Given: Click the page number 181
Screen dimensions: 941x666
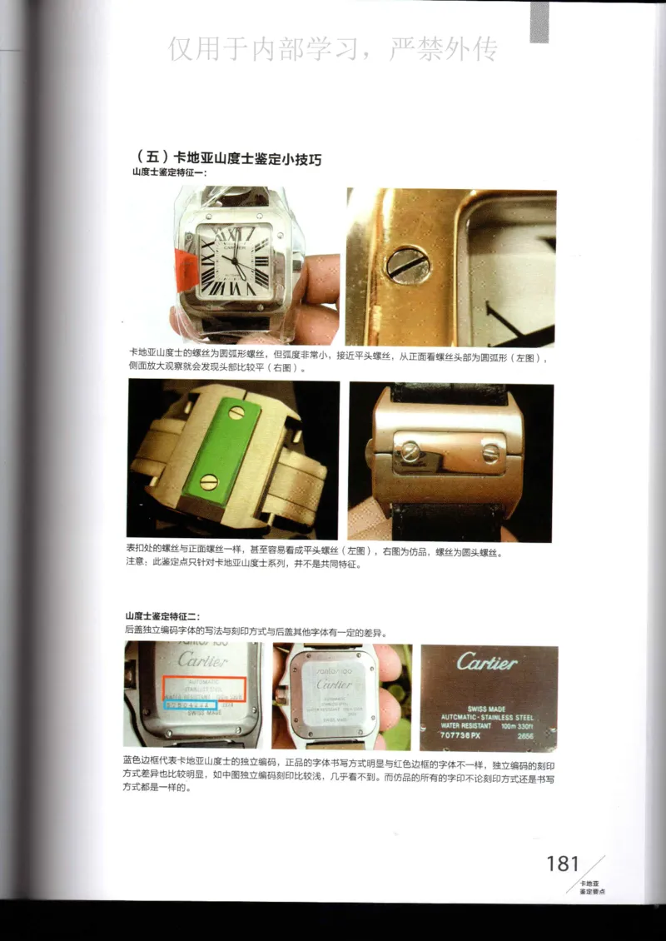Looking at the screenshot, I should tap(562, 863).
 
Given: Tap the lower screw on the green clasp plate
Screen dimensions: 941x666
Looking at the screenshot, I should tap(210, 480).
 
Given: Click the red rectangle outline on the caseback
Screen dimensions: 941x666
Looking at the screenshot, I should tap(203, 687).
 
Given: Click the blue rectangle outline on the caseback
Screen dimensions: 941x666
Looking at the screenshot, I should tap(191, 705).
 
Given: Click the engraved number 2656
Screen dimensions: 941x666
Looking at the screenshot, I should tap(526, 736).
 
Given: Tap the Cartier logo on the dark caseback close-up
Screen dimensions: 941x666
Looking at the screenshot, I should tap(487, 663).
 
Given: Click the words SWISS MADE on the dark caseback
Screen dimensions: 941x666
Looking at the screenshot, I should tap(487, 709).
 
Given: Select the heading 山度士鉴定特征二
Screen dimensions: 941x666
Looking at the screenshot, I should tap(162, 615).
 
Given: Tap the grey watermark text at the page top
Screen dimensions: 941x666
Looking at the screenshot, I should tap(333, 49).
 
